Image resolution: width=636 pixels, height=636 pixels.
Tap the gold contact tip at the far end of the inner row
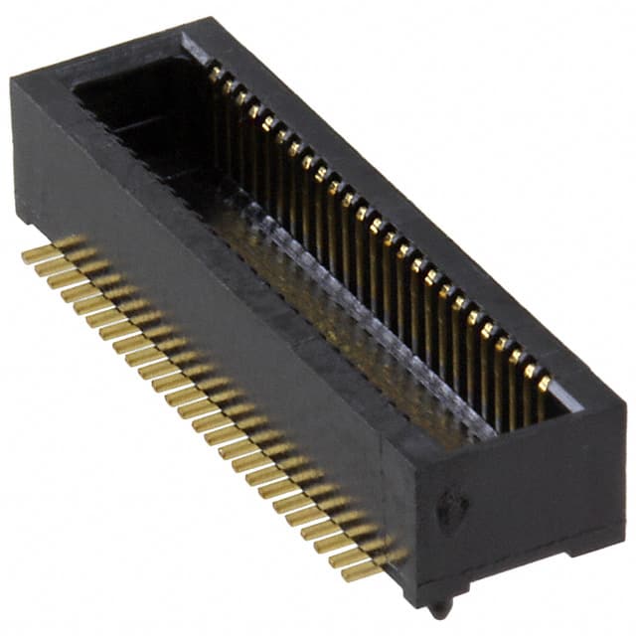215,71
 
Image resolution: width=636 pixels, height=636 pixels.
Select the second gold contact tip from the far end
228,82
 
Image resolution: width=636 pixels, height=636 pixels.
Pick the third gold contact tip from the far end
240,94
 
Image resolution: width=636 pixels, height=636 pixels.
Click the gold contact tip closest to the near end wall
544,383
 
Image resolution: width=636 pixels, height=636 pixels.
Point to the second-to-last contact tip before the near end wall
530,370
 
